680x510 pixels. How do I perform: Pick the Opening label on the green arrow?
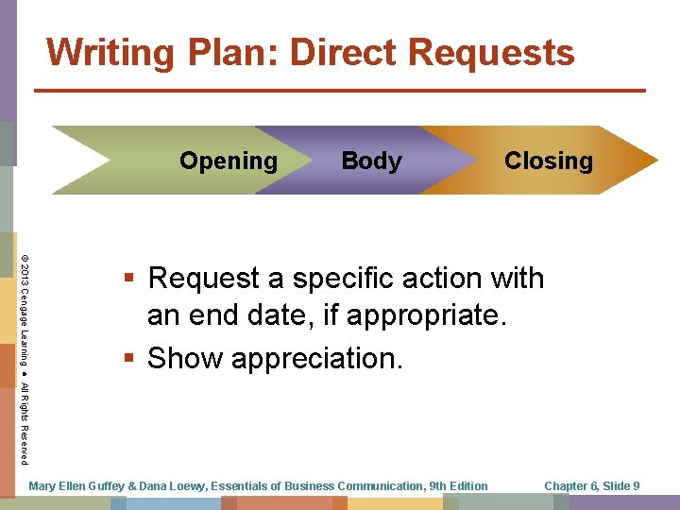click(229, 161)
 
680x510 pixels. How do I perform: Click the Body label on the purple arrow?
click(371, 161)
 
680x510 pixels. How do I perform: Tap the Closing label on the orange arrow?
click(549, 161)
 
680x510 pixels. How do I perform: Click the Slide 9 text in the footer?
click(621, 486)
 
